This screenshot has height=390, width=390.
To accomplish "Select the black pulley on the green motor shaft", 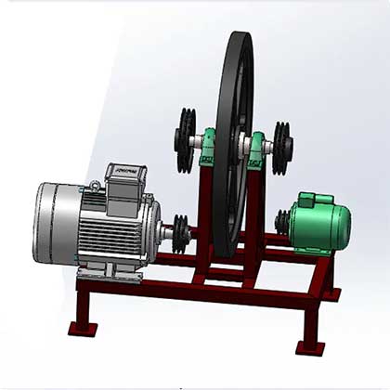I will point(281,221).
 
